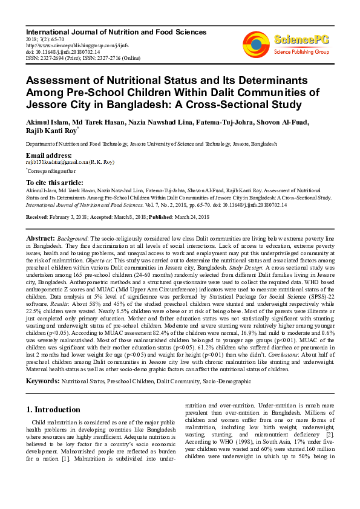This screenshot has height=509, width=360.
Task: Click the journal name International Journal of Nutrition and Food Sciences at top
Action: [x=116, y=32]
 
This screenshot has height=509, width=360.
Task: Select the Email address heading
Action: [x=49, y=155]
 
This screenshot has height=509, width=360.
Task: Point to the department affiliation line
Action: [x=151, y=144]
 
